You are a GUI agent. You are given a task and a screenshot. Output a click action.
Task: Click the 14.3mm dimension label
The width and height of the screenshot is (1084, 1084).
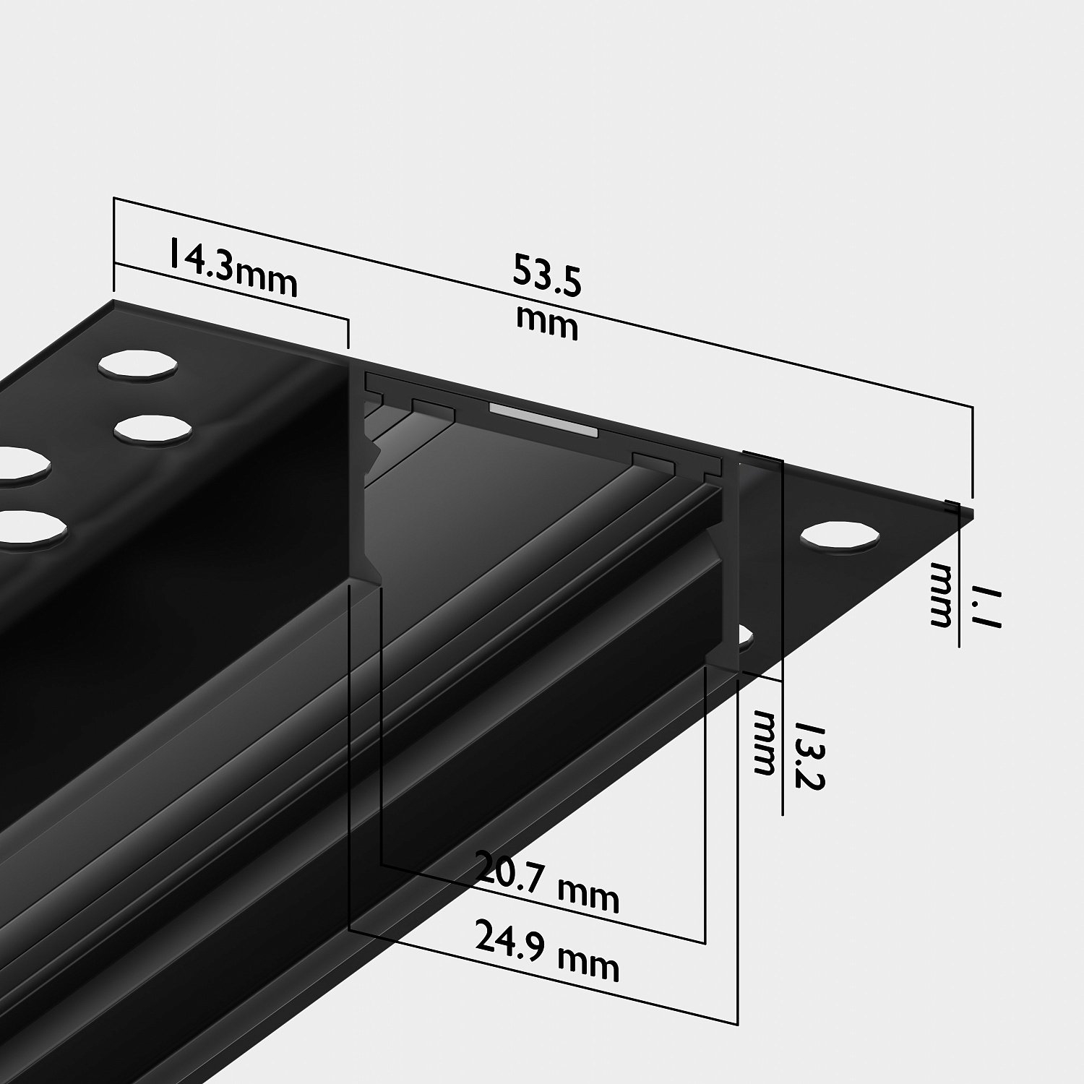[233, 267]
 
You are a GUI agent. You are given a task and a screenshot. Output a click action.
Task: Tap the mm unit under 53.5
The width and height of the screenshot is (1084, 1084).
[547, 324]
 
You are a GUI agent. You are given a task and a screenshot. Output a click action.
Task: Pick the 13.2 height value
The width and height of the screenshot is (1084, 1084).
[809, 755]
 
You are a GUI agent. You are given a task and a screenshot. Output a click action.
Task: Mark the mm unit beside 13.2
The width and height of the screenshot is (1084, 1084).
[765, 743]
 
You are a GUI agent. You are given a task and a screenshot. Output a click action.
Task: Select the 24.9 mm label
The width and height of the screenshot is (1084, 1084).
[547, 952]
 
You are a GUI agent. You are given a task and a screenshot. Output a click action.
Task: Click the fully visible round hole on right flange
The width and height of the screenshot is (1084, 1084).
[840, 537]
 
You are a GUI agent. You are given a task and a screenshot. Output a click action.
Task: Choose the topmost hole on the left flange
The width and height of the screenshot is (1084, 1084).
[137, 365]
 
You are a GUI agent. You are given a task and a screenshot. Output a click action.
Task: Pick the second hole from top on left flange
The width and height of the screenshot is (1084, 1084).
[153, 427]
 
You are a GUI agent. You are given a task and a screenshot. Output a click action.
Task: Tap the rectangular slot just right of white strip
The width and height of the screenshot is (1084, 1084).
[653, 463]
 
